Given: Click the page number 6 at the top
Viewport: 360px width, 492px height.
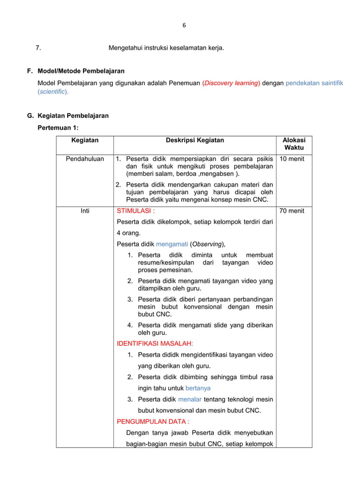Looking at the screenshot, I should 184,25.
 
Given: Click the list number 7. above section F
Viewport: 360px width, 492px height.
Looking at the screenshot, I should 38,48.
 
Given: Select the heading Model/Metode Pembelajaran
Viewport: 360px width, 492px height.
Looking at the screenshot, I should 81,71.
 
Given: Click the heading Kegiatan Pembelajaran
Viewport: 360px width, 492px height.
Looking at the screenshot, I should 73,116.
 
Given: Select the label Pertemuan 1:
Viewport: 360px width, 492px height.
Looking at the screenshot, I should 58,128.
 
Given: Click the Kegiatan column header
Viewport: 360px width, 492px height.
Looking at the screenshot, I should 85,140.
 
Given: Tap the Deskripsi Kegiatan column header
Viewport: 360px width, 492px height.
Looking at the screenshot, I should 195,140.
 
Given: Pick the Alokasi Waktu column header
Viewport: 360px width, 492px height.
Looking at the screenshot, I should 293,144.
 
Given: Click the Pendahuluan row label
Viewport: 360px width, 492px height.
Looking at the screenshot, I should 85,159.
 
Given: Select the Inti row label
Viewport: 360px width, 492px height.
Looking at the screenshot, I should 85,211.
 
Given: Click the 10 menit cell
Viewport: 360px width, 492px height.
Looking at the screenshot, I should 292,159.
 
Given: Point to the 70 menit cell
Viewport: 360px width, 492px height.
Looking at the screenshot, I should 292,211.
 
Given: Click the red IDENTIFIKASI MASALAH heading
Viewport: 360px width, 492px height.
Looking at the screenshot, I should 155,343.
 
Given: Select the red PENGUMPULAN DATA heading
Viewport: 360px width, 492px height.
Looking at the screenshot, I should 153,421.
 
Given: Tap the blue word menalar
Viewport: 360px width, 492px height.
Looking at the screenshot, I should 190,399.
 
